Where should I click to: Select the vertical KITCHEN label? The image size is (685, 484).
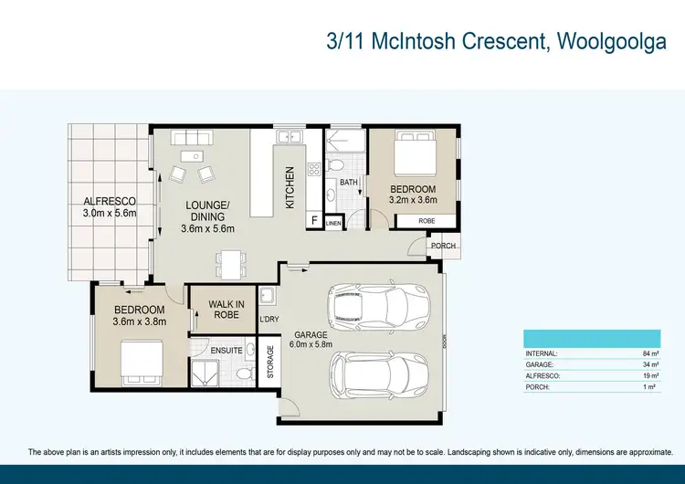pos(290,186)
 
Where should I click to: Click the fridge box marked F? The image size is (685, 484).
pos(314,221)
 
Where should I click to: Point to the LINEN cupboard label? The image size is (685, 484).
pos(333,223)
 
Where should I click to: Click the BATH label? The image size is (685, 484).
pos(349,183)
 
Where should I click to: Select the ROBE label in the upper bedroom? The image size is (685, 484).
pos(427,221)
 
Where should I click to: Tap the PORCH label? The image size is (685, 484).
pos(444,245)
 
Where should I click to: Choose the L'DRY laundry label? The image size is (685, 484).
pos(269,319)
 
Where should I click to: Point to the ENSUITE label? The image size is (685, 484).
pos(225,350)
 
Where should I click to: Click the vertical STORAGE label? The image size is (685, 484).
pos(270,361)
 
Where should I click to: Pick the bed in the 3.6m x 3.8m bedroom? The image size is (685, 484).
pos(142,363)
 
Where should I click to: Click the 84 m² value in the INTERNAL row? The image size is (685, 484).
pos(649,353)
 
